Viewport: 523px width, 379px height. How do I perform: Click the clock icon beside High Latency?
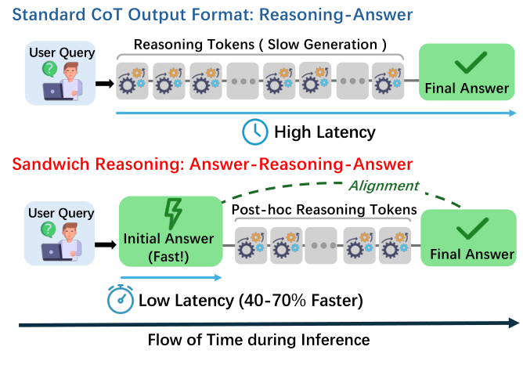[x=254, y=132]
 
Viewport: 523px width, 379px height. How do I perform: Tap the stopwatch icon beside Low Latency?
[x=121, y=299]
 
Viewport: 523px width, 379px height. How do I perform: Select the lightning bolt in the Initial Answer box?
[x=173, y=214]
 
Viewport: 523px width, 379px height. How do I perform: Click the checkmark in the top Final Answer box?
[x=471, y=63]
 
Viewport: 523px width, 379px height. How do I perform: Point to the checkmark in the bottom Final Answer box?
[x=472, y=229]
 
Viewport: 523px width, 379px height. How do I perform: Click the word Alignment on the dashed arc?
[x=384, y=186]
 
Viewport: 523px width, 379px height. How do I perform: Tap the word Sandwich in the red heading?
[x=51, y=164]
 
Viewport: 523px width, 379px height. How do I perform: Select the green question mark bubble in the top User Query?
[x=49, y=70]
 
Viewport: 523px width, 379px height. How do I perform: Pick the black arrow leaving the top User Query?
[x=105, y=84]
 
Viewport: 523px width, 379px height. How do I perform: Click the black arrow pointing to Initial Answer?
[x=106, y=245]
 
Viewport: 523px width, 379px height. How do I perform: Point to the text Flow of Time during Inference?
[x=259, y=341]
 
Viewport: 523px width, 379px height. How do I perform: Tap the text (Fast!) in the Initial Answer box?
[x=168, y=257]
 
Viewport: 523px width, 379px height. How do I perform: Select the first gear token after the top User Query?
[x=132, y=81]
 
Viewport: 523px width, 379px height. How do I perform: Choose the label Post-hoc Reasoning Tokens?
[x=324, y=210]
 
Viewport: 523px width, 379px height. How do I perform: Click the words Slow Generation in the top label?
[x=323, y=45]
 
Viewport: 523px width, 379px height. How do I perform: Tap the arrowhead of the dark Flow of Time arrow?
[x=514, y=323]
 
